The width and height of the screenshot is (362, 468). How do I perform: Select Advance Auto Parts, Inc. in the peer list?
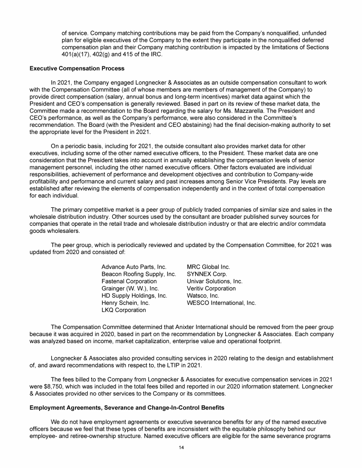tap(134, 267)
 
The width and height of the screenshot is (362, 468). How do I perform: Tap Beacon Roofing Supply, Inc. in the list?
tap(139, 274)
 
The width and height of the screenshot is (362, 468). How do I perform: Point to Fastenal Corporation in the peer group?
tap(129, 281)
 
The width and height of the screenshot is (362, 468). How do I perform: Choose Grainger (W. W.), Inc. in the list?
tap(130, 288)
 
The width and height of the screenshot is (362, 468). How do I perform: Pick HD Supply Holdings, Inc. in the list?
tap(134, 296)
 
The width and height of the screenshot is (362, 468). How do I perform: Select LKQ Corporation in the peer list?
tap(123, 310)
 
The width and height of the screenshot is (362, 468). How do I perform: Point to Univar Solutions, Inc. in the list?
tap(214, 281)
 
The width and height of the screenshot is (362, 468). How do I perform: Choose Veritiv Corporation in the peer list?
tap(211, 288)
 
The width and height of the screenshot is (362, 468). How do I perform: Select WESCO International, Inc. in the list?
tap(221, 303)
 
